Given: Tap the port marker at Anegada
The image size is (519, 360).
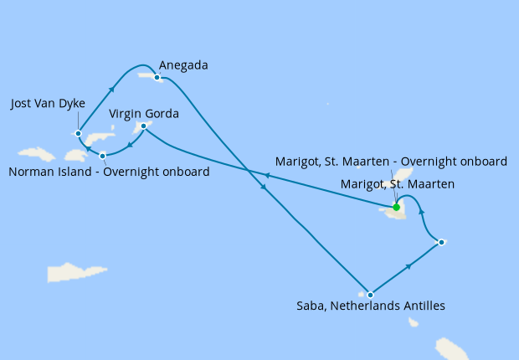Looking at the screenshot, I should click(157, 77).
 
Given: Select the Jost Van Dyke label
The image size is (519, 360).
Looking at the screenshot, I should click(49, 104).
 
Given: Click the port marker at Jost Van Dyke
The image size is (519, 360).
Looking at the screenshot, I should click(78, 132).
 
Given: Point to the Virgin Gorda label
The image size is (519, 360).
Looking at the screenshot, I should click(144, 111).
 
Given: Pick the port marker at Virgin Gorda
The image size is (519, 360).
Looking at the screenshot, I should click(144, 126).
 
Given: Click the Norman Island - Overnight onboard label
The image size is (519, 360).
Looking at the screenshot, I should click(108, 172).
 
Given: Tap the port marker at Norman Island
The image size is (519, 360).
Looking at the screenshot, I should click(102, 156).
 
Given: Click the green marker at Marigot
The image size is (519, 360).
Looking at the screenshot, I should click(396, 207).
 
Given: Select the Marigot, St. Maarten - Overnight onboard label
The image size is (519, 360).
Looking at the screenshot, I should click(391, 162).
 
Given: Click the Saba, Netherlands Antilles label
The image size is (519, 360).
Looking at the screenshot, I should click(371, 306).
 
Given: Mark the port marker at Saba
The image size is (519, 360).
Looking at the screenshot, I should click(370, 295).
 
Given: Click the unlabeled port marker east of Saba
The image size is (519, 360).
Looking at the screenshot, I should click(441, 242).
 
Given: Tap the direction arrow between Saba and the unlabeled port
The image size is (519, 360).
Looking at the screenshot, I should click(409, 266).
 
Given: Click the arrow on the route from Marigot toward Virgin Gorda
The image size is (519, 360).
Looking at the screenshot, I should click(266, 176).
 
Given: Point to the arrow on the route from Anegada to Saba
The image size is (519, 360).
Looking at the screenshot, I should click(265, 188).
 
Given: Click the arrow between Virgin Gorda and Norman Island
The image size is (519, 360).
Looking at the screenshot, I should click(128, 145).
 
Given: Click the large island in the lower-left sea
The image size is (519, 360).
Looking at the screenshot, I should click(78, 272).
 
